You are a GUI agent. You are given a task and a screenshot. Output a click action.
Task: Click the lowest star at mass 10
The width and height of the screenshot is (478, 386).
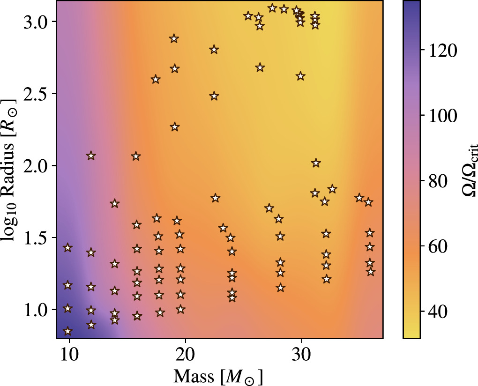(68, 331)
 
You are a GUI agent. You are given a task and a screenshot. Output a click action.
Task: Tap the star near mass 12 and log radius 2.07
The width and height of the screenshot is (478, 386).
(91, 156)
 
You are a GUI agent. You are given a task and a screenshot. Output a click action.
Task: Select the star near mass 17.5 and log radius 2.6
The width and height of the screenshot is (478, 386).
(156, 80)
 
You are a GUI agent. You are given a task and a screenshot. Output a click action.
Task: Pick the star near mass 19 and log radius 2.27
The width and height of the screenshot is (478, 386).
(175, 127)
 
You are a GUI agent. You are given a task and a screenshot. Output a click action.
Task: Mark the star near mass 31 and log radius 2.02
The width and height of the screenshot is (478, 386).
(316, 163)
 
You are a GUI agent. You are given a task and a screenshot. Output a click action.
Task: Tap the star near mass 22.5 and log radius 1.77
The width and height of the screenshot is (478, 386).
(215, 198)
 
